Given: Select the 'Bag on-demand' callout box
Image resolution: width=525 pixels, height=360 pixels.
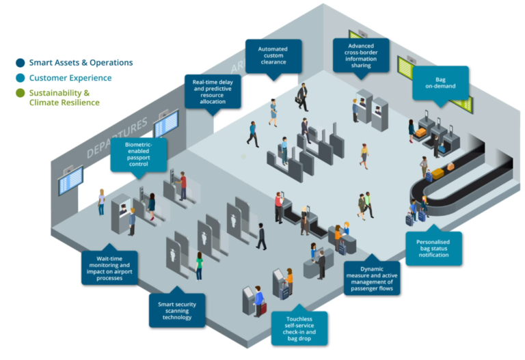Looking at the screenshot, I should pyautogui.click(x=441, y=83).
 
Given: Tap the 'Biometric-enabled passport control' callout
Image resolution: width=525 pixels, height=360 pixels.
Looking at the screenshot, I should pyautogui.click(x=138, y=154).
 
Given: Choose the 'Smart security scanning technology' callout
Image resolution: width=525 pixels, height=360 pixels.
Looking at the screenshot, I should pyautogui.click(x=177, y=309).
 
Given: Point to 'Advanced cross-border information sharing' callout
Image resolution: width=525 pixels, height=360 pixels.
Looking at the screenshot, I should pyautogui.click(x=362, y=55).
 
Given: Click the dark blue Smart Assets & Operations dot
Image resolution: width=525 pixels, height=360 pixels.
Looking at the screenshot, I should pyautogui.click(x=21, y=63).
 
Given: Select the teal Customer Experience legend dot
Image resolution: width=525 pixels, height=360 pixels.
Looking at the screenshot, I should pyautogui.click(x=21, y=78).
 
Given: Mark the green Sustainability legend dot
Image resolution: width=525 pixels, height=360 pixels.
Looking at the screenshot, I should pyautogui.click(x=21, y=93).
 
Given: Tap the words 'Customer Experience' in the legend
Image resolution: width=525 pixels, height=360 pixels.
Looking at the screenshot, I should pyautogui.click(x=70, y=78).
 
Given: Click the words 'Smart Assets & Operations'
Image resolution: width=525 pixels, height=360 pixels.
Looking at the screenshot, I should pyautogui.click(x=81, y=63).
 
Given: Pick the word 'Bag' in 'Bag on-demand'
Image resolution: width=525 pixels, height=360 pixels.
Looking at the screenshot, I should pyautogui.click(x=441, y=79).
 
